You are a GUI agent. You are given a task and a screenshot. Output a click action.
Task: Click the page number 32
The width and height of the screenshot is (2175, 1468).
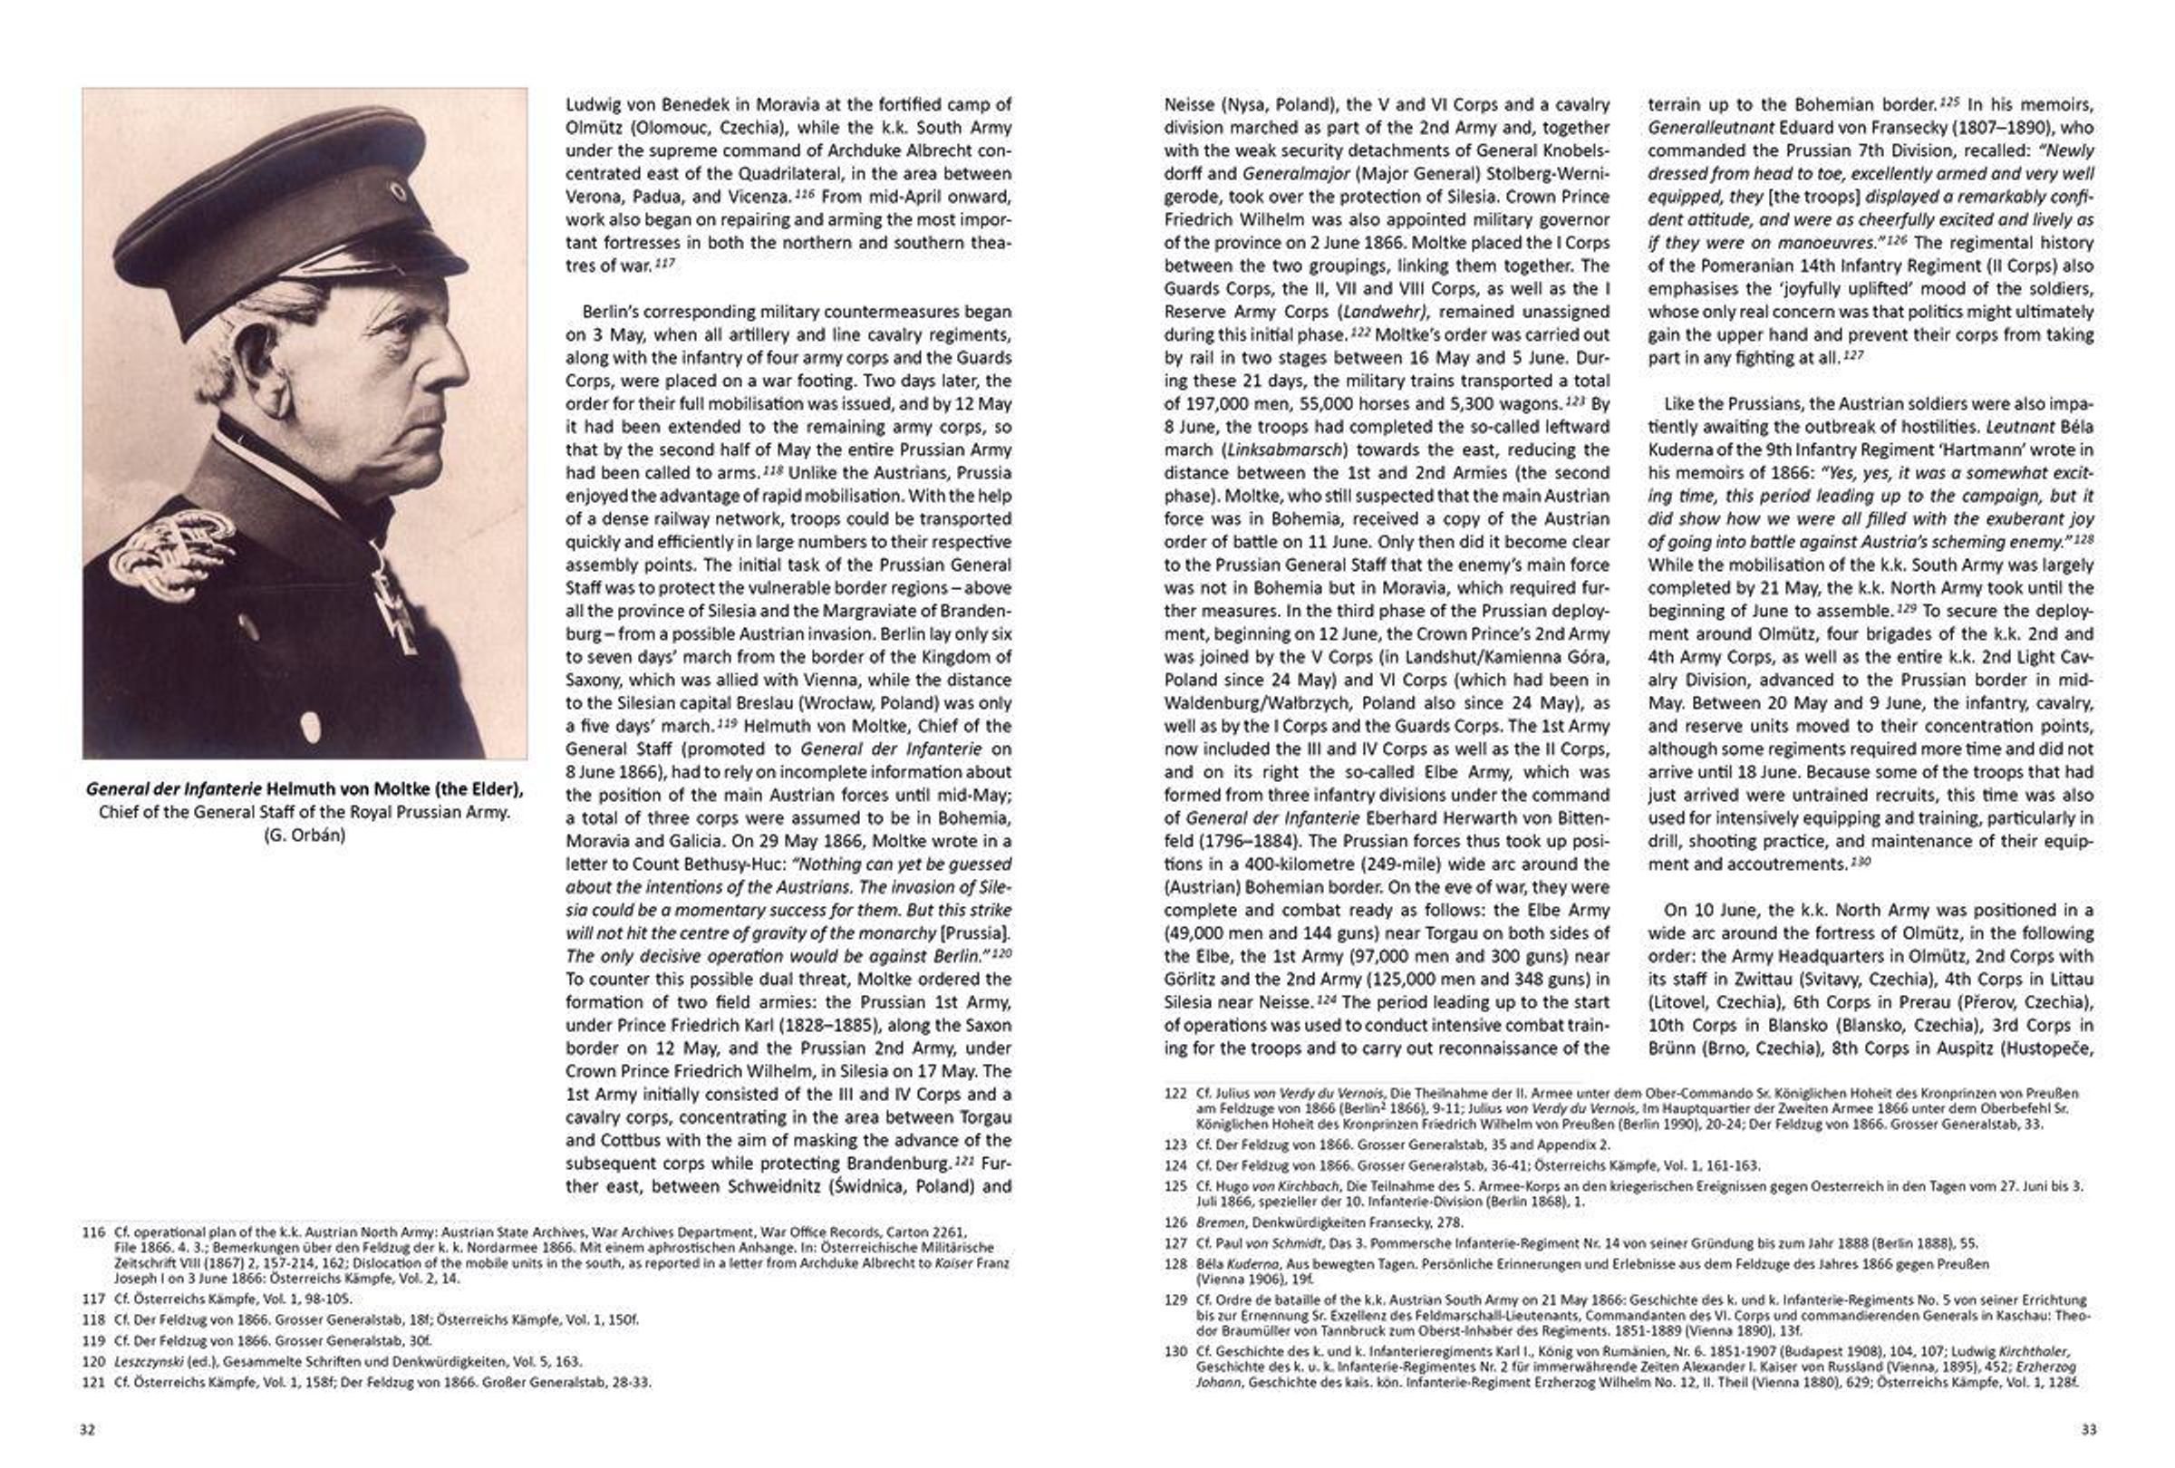pyautogui.click(x=87, y=1430)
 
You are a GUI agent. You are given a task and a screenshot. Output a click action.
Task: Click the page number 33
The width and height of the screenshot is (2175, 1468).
pyautogui.click(x=2089, y=1430)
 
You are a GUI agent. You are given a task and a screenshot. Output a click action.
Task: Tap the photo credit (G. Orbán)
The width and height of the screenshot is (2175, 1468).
pyautogui.click(x=304, y=835)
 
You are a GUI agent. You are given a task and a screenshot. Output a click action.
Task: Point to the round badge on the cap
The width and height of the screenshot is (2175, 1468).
pyautogui.click(x=398, y=194)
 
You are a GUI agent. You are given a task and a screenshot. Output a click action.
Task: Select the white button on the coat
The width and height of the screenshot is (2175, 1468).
pyautogui.click(x=311, y=723)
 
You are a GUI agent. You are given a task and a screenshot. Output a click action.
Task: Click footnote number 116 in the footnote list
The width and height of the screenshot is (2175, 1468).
pyautogui.click(x=93, y=1232)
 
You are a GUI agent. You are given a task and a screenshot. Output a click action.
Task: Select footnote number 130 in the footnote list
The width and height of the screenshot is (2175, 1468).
pyautogui.click(x=1175, y=1351)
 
